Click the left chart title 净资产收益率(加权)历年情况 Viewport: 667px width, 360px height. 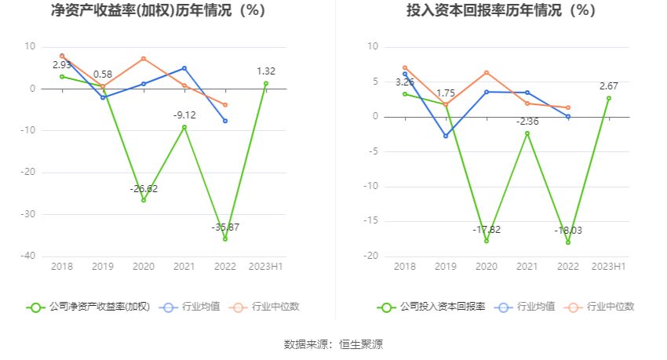(x=157, y=11)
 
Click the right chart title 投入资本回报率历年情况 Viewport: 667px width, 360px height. (x=501, y=11)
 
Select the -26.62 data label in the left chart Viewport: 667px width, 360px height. (x=144, y=188)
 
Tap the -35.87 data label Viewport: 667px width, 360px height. (x=225, y=227)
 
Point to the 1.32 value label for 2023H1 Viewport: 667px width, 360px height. (x=266, y=71)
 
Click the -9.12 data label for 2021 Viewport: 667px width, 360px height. (x=184, y=115)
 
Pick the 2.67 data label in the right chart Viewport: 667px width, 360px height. (x=608, y=86)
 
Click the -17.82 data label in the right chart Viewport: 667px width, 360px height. (x=487, y=229)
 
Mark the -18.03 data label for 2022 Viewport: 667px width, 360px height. (x=567, y=231)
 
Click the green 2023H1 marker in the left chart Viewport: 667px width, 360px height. (x=266, y=83)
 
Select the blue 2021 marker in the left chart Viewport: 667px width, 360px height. (x=184, y=68)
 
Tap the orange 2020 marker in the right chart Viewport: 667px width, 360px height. (x=487, y=72)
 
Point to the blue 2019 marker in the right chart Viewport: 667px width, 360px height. (x=446, y=136)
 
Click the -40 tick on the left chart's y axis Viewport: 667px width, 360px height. (x=27, y=256)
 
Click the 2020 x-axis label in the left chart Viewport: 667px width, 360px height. (x=144, y=267)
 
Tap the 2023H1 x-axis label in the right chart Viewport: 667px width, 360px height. (x=608, y=267)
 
